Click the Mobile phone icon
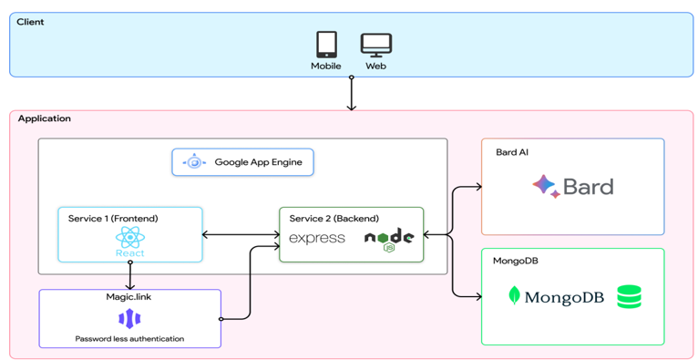point(325,45)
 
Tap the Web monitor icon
point(375,45)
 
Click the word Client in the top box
point(30,22)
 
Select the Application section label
point(44,118)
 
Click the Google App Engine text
point(258,162)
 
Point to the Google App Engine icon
point(194,162)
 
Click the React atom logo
point(129,239)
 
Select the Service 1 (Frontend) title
point(112,219)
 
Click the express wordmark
point(317,239)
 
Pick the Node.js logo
point(389,239)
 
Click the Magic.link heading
point(129,297)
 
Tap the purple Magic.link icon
point(129,318)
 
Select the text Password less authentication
point(129,339)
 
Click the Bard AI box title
point(511,152)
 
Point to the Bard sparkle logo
point(545,186)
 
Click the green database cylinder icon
point(629,296)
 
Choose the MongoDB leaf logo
point(515,295)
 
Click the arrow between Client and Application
point(351,94)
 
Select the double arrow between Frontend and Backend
point(241,235)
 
